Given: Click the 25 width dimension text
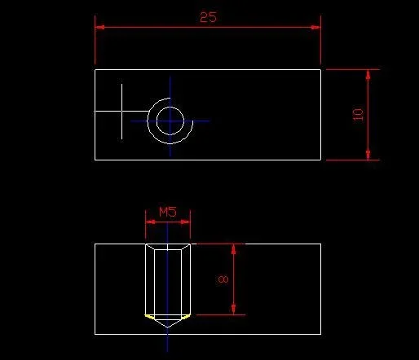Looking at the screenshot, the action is pos(209,17).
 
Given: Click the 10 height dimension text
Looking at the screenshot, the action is pos(358,115).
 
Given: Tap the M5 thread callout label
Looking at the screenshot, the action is pos(168,212).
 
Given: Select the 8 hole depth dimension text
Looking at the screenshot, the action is pos(223,279).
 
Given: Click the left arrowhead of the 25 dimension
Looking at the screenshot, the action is pos(99,27).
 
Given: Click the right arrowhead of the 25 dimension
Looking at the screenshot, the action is pos(316,27).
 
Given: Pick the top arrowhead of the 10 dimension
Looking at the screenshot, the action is pos(368,74).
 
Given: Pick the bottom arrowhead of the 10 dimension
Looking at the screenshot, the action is pos(368,155).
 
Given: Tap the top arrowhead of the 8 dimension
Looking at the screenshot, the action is pos(233,249).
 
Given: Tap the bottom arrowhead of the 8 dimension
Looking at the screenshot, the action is pos(233,310).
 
